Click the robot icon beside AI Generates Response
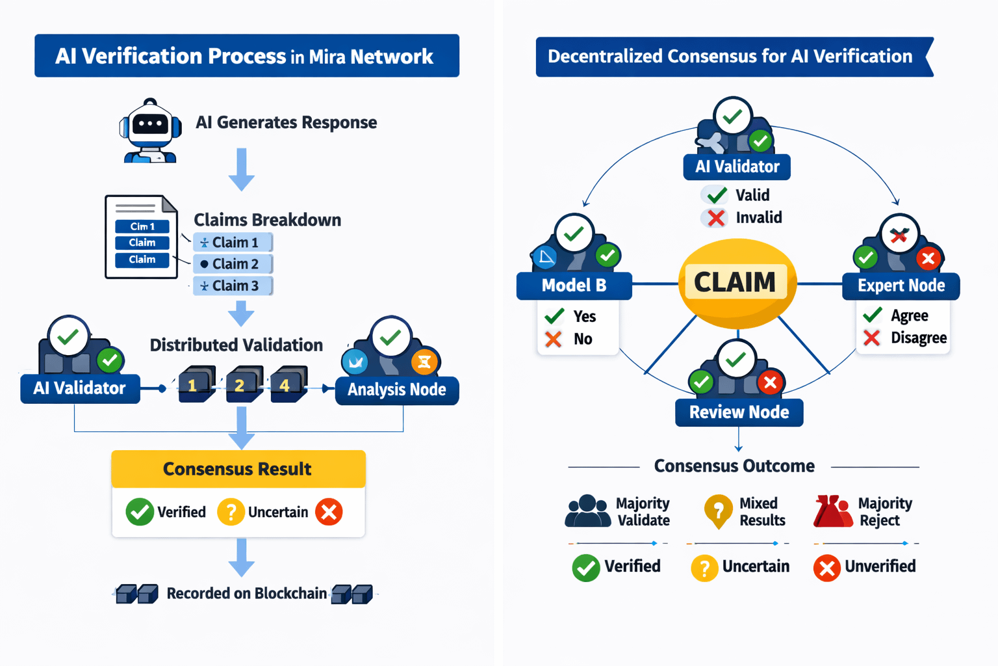[x=150, y=131]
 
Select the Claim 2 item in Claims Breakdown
[x=233, y=264]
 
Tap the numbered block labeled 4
[x=287, y=384]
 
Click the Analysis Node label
[x=396, y=390]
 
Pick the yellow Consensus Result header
[x=238, y=469]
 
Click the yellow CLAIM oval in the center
[x=736, y=282]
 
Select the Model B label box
[x=574, y=286]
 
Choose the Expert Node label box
[x=901, y=286]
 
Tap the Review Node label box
[x=739, y=412]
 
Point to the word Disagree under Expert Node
[x=918, y=338]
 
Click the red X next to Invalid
[x=716, y=218]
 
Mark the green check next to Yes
[x=554, y=316]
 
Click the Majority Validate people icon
[x=588, y=511]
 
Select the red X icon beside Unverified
[x=826, y=568]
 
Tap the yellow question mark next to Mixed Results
[x=718, y=511]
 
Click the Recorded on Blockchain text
[x=246, y=593]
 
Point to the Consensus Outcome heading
[x=734, y=466]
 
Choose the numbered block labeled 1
[x=195, y=384]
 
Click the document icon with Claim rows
[x=142, y=237]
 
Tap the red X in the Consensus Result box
[x=329, y=512]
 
